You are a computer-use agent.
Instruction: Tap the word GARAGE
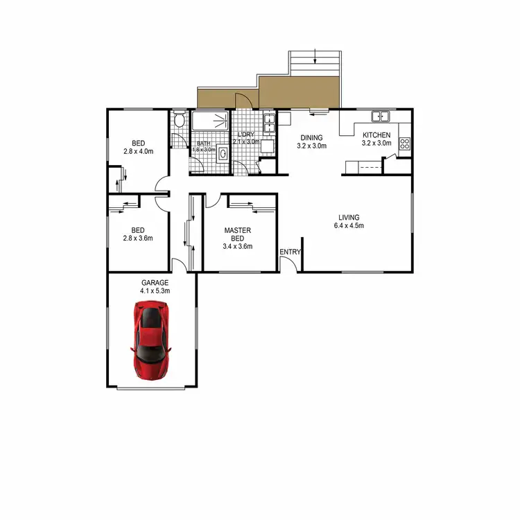pyautogui.click(x=155, y=283)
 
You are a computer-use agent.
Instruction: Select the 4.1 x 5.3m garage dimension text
pyautogui.click(x=155, y=291)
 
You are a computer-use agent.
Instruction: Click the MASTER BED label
pyautogui.click(x=237, y=234)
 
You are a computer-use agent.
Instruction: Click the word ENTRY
pyautogui.click(x=289, y=252)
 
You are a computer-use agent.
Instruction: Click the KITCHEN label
pyautogui.click(x=376, y=135)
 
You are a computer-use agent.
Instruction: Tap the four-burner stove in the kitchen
pyautogui.click(x=405, y=145)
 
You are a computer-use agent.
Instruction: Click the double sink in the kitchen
pyautogui.click(x=380, y=116)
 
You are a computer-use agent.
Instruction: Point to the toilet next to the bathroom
pyautogui.click(x=180, y=121)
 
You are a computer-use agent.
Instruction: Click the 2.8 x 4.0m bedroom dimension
pyautogui.click(x=138, y=150)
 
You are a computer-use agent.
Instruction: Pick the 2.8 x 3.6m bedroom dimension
pyautogui.click(x=138, y=239)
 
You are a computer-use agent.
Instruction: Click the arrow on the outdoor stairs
pyautogui.click(x=315, y=56)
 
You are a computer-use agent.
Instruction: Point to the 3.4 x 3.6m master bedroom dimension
pyautogui.click(x=237, y=246)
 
